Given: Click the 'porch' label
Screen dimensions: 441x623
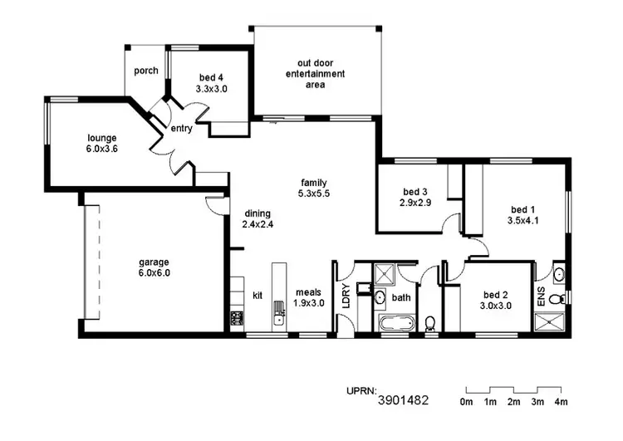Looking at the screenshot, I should pyautogui.click(x=146, y=71).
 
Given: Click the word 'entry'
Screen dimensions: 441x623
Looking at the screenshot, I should pyautogui.click(x=182, y=129).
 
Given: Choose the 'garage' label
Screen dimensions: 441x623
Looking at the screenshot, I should pyautogui.click(x=154, y=262).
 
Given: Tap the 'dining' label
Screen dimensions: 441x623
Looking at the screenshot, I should pyautogui.click(x=258, y=213).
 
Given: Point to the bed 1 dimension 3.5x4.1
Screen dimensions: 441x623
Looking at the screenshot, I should pyautogui.click(x=522, y=221).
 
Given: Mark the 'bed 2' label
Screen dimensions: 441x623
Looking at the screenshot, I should pyautogui.click(x=495, y=294).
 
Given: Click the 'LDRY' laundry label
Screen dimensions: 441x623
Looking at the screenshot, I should pyautogui.click(x=346, y=296).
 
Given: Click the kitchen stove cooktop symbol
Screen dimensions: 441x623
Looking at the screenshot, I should pyautogui.click(x=236, y=318).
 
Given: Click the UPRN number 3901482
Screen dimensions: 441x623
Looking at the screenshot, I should pyautogui.click(x=403, y=400).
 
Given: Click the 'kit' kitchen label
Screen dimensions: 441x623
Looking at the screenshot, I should pyautogui.click(x=258, y=296).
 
